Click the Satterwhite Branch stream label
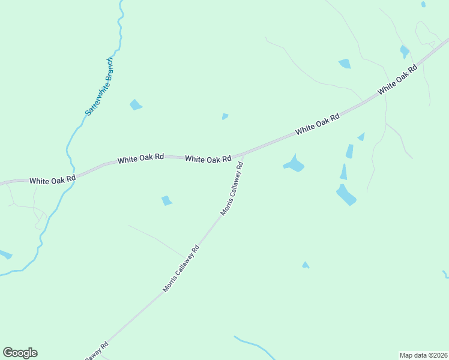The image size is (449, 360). click(99, 87)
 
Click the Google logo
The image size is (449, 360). click(20, 353)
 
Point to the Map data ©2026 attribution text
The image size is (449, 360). click(423, 355)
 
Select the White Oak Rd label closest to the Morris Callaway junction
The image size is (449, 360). click(208, 159)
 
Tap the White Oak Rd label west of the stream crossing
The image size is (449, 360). click(52, 179)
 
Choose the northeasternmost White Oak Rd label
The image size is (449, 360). click(397, 80)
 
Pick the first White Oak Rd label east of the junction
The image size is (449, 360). click(318, 123)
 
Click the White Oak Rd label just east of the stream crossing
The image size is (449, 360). click(140, 160)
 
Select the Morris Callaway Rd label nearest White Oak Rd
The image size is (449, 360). click(232, 188)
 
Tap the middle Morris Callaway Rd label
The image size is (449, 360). click(181, 268)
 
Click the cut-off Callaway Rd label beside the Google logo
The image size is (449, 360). click(96, 351)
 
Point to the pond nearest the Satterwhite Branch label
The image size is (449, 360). click(136, 105)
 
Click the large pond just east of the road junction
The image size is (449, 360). click(294, 164)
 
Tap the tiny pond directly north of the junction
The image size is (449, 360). click(224, 116)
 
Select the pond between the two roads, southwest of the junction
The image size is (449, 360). click(167, 200)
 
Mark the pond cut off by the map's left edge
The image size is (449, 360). click(5, 254)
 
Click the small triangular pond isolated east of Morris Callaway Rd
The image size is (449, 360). click(306, 265)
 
